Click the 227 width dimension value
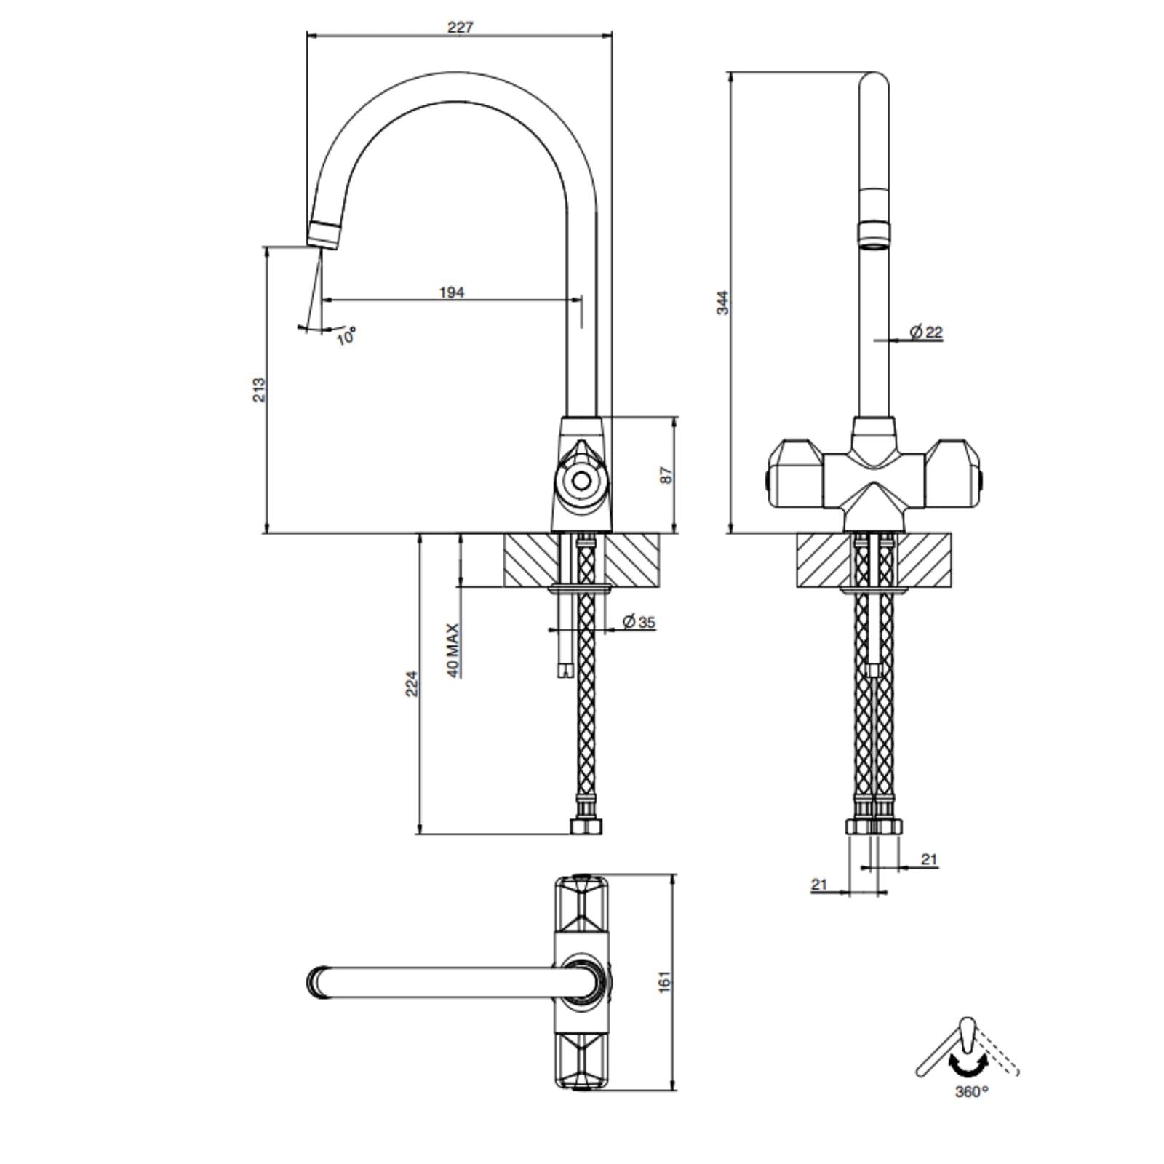pos(460,28)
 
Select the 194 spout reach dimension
pos(451,292)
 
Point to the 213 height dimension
pos(259,390)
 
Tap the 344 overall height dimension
pos(722,303)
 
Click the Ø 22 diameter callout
pos(926,332)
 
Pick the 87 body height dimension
pos(666,475)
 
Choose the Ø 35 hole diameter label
pos(639,621)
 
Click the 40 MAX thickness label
pos(453,650)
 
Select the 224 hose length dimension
pos(411,683)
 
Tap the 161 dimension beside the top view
pos(664,981)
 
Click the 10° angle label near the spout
pos(346,336)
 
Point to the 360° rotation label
pos(972,1091)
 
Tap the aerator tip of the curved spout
pos(323,234)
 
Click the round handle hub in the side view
pos(580,480)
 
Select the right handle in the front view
pos(954,472)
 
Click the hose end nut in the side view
pos(586,826)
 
